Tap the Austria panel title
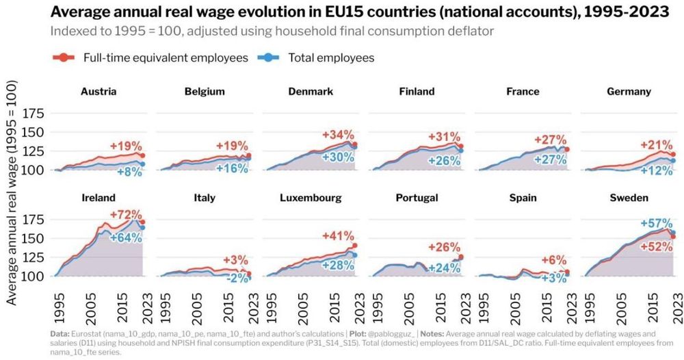pyautogui.click(x=98, y=91)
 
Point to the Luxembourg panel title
pyautogui.click(x=311, y=198)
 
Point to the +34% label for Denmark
pyautogui.click(x=339, y=133)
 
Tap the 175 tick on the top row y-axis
pyautogui.click(x=34, y=113)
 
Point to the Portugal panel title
pyautogui.click(x=417, y=198)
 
